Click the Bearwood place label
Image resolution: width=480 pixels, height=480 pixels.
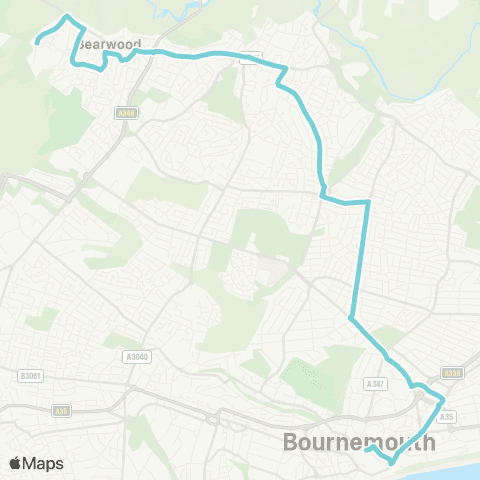[x=110, y=45]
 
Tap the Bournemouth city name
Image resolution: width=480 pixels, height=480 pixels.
[x=359, y=441]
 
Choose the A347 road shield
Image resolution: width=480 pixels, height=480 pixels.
[x=376, y=383]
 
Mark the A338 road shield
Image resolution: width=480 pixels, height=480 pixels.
[x=453, y=372]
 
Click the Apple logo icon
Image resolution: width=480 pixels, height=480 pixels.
[x=15, y=463]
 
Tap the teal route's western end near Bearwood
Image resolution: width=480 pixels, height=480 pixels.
[x=36, y=43]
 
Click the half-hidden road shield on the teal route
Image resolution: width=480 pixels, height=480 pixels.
[x=251, y=57]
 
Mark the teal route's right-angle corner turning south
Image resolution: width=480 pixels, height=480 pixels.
[x=368, y=202]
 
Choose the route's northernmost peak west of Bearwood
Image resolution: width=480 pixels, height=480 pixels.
[x=67, y=17]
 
